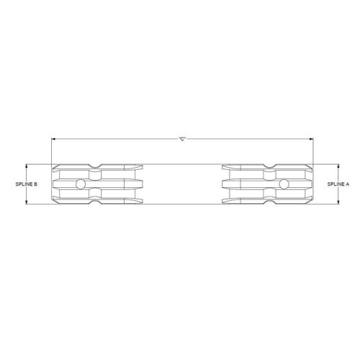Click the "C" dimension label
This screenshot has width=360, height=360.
coord(182,139)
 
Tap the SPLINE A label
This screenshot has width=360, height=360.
coord(338,184)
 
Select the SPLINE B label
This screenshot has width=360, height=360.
coord(27,184)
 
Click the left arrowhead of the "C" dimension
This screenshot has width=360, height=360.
coord(54,139)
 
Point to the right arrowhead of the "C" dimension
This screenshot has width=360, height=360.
coord(311,139)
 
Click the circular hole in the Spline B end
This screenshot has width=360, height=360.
coord(81,184)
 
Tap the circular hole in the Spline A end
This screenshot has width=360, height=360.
coord(284,184)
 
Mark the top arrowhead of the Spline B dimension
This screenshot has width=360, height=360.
coord(27,166)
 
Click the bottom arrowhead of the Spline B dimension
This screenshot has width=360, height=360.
coord(27,202)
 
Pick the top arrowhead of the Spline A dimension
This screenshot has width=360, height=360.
coord(338,166)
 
